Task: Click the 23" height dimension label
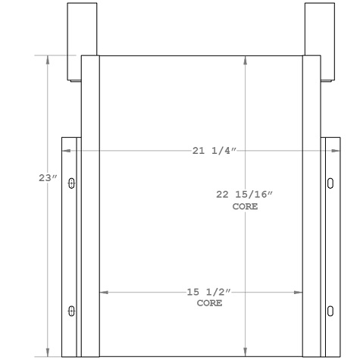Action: [x=48, y=178]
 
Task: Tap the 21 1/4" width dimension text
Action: [x=215, y=152]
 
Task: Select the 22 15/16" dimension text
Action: [x=245, y=195]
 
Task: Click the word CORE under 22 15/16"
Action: [x=245, y=206]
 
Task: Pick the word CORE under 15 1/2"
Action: [x=209, y=302]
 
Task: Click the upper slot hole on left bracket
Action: [x=72, y=183]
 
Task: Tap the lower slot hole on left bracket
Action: [x=72, y=310]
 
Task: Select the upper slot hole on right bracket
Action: [x=330, y=183]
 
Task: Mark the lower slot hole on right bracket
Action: [x=330, y=310]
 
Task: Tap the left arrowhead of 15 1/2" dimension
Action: [x=103, y=292]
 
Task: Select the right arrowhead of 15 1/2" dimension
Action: [x=299, y=292]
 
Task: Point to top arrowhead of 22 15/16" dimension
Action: [x=245, y=59]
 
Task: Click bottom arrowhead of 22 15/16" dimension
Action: [x=245, y=351]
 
